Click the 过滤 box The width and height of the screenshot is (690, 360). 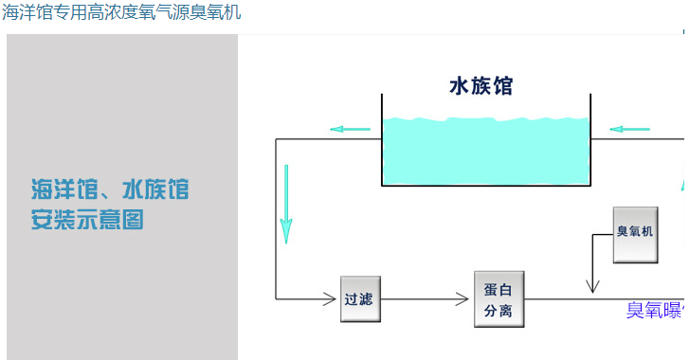coord(359,299)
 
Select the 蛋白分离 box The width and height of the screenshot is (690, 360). coord(499,299)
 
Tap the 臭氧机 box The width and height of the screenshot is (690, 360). coord(635,231)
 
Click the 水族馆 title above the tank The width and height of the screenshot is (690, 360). coord(481,86)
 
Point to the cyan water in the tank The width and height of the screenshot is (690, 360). coord(485,152)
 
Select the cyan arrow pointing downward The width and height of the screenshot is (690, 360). coord(286,204)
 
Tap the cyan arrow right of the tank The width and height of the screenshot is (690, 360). coord(630,129)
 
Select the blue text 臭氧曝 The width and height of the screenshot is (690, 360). coord(654,310)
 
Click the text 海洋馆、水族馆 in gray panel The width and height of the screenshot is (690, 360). coord(109,189)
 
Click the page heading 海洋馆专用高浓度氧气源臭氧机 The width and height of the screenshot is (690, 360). coord(121,12)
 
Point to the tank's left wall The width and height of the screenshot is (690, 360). coord(382,137)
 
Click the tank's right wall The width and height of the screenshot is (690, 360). coord(590,137)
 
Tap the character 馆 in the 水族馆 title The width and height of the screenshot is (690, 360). coord(503,86)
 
